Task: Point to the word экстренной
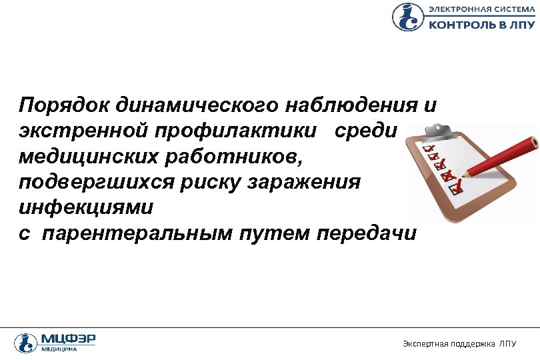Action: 81,132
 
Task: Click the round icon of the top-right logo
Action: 407,17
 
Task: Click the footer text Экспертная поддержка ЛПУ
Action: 459,343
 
